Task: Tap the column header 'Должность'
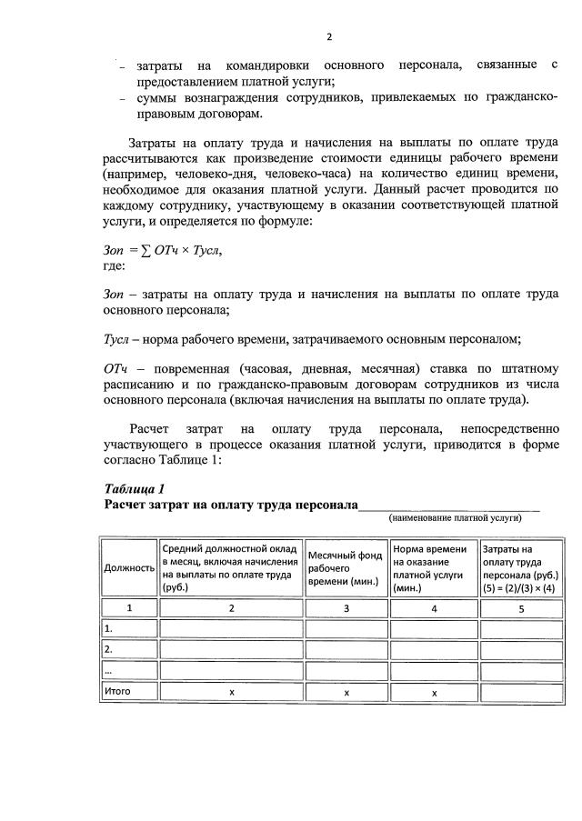point(129,568)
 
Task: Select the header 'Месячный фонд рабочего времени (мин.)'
point(345,568)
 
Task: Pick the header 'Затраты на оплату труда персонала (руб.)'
point(520,568)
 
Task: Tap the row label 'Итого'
point(118,692)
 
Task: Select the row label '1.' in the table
point(109,628)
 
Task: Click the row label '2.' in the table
point(109,649)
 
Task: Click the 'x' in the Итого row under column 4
point(434,693)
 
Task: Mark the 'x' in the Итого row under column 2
point(232,693)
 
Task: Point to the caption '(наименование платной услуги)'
point(455,517)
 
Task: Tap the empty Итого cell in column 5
point(521,692)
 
